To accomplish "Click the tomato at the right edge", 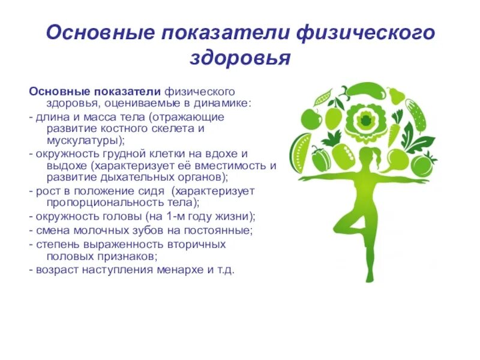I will [x=424, y=164].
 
